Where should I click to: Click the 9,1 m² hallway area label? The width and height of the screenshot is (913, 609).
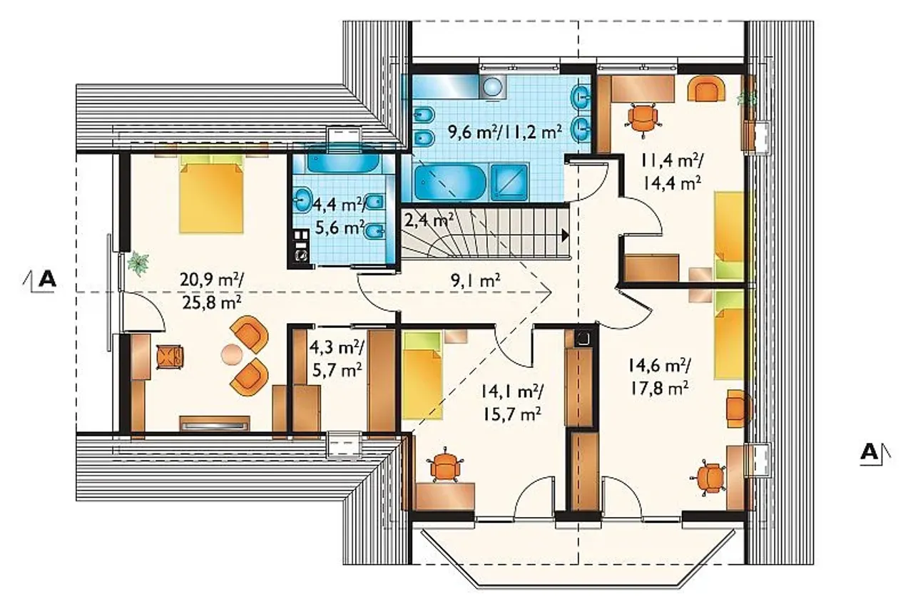[x=475, y=280]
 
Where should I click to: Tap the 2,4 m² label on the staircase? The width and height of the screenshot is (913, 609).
[x=429, y=220]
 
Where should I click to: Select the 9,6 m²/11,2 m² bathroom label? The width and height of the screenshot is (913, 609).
[x=505, y=132]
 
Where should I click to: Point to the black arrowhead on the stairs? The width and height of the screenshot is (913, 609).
[x=566, y=235]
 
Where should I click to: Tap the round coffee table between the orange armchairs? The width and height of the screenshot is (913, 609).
[x=232, y=354]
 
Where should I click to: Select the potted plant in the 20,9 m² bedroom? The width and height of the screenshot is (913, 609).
[x=138, y=263]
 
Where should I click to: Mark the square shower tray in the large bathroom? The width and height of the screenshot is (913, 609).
[x=510, y=183]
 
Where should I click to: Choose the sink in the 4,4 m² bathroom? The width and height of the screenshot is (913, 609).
[x=302, y=200]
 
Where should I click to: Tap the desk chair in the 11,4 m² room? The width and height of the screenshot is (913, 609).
[x=643, y=118]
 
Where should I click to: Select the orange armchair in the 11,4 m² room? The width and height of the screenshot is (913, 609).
[x=706, y=88]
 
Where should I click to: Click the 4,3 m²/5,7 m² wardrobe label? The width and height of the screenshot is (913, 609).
[x=336, y=359]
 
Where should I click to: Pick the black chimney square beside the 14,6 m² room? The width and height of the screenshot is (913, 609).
[x=583, y=337]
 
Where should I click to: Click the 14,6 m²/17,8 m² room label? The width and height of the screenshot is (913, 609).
[x=659, y=377]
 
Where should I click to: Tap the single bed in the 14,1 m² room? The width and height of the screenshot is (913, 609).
[x=422, y=375]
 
